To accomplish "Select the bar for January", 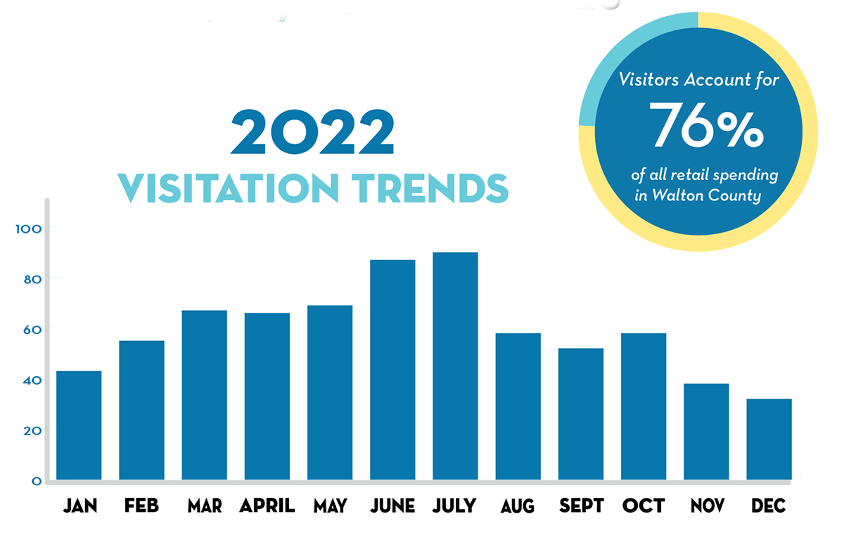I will [x=79, y=425].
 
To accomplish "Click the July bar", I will [x=455, y=366].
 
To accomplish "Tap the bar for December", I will [x=769, y=439].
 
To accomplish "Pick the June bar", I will [x=392, y=370].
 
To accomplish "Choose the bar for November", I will [x=706, y=432].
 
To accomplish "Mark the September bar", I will [x=581, y=414].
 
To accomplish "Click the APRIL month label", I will [x=267, y=506].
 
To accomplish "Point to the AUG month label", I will [x=518, y=506].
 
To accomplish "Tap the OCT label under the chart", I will [x=644, y=506].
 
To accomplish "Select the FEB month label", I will [x=141, y=506].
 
